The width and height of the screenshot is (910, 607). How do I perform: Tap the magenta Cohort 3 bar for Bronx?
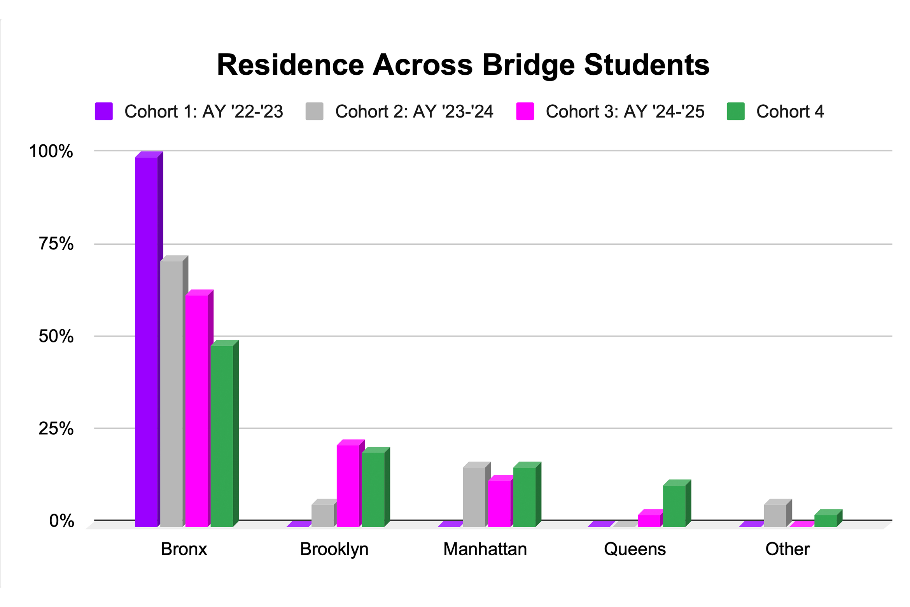pyautogui.click(x=197, y=411)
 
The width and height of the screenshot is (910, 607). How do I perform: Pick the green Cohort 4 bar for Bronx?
pyautogui.click(x=222, y=436)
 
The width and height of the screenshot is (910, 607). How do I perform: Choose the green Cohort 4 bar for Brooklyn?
pyautogui.click(x=373, y=489)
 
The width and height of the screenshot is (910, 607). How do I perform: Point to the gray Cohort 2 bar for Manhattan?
pyautogui.click(x=474, y=497)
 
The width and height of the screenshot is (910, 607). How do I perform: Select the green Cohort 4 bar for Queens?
pyautogui.click(x=674, y=506)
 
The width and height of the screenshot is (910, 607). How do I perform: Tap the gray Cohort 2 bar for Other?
pyautogui.click(x=775, y=516)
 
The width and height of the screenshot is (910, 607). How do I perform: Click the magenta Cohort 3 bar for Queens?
pyautogui.click(x=649, y=521)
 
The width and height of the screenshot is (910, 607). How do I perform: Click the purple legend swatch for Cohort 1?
pyautogui.click(x=104, y=111)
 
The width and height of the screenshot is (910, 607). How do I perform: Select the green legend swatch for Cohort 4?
pyautogui.click(x=736, y=111)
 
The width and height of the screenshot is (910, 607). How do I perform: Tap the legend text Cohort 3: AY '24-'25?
pyautogui.click(x=625, y=112)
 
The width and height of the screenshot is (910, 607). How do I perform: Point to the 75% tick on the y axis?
pyautogui.click(x=56, y=244)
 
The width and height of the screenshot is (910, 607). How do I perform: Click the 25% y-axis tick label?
pyautogui.click(x=56, y=428)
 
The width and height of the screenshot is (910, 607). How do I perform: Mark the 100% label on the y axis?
pyautogui.click(x=51, y=151)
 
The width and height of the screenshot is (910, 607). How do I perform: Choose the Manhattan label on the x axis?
pyautogui.click(x=485, y=549)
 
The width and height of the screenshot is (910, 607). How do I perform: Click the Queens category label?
pyautogui.click(x=635, y=549)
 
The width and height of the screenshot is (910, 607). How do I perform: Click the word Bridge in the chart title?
pyautogui.click(x=528, y=65)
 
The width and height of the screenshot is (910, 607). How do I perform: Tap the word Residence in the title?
pyautogui.click(x=290, y=65)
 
